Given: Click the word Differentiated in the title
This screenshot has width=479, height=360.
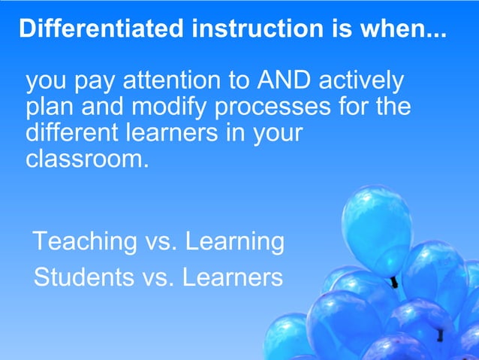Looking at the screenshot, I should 101,29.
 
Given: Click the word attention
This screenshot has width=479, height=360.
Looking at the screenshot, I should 178,80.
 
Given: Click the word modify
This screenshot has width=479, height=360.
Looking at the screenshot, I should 170,107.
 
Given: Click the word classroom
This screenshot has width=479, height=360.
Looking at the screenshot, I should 83,159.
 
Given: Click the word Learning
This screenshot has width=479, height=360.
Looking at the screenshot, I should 234,243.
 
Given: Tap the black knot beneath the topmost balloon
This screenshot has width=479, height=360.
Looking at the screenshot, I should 393,283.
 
